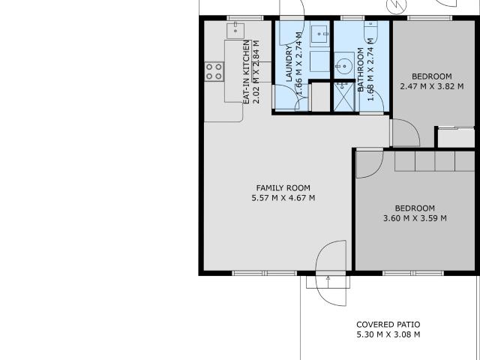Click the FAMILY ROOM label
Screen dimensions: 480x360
click(x=283, y=188)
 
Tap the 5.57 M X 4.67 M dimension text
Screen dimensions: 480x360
click(x=283, y=198)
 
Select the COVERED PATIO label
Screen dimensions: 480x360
click(x=388, y=325)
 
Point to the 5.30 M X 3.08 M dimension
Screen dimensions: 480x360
click(x=388, y=334)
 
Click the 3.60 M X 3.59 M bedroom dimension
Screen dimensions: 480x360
click(x=415, y=218)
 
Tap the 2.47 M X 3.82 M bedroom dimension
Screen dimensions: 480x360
click(x=432, y=86)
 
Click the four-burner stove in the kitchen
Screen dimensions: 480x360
click(x=214, y=71)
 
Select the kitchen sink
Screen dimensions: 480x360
click(x=235, y=30)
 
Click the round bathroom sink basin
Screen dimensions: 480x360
click(x=344, y=65)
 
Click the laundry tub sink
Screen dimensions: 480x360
click(x=319, y=34)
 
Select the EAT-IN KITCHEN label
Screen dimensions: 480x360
click(x=247, y=72)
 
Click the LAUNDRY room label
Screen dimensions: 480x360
click(x=289, y=63)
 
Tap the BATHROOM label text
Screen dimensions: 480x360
click(x=361, y=70)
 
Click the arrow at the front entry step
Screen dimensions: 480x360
click(x=328, y=282)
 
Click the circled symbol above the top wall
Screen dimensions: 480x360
click(x=397, y=6)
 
